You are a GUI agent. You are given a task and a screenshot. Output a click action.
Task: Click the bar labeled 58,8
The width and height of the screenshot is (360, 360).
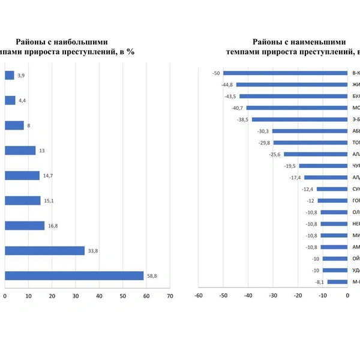coord(74,275)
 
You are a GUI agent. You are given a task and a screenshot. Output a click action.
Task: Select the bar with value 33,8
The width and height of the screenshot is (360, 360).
coord(45,251)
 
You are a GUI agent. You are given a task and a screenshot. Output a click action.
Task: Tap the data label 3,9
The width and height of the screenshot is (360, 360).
coord(21,76)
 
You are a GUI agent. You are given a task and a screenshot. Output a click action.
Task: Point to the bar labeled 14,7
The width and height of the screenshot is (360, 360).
coord(22,176)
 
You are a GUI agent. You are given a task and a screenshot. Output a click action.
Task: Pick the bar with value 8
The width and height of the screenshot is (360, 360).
coord(14,125)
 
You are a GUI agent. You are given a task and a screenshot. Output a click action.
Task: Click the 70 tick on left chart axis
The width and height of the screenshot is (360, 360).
coord(170,296)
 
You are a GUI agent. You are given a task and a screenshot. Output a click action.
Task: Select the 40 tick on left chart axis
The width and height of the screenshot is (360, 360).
coord(99,296)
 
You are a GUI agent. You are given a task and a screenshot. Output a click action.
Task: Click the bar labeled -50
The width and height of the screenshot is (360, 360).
coord(285,73)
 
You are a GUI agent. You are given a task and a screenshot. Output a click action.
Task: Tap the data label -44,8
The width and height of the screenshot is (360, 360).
coord(228,85)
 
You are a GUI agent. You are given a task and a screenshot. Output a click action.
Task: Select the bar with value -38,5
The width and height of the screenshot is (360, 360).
coord(299,119)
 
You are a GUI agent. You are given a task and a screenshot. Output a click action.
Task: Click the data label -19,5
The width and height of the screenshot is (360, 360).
coord(290,166)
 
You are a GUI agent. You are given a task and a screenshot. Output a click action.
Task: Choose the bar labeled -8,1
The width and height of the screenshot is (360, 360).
coord(337,281)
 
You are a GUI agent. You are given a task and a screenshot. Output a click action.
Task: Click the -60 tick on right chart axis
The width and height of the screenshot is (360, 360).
coord(198,296)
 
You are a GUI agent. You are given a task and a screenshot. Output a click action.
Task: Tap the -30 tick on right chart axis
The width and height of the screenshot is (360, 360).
coord(272,296)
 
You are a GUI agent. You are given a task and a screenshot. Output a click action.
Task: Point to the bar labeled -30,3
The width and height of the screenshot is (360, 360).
coord(310,131)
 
